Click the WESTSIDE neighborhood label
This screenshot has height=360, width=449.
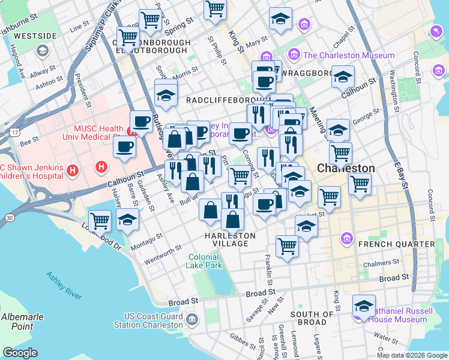pos(35,36)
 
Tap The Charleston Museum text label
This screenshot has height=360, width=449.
pos(349,55)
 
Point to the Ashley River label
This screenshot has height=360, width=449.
pos(64,285)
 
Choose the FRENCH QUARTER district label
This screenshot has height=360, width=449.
pos(405,244)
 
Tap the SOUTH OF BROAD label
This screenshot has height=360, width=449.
pos(312,318)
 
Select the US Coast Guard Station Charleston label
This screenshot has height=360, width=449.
pos(154,320)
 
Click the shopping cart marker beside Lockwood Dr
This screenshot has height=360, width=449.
pos(100,220)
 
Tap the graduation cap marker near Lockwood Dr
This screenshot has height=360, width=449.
pos(128,221)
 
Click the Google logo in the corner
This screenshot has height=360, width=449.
pos(20,352)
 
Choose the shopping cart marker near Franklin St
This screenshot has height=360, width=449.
pos(288,246)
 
